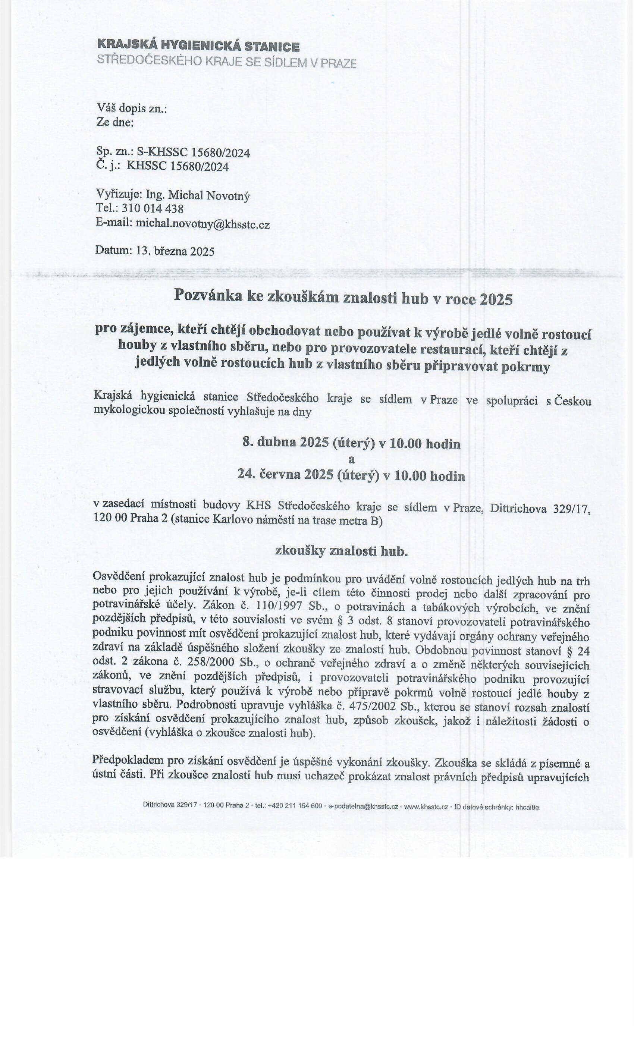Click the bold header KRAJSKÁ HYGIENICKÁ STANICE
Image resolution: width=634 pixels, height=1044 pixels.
198,46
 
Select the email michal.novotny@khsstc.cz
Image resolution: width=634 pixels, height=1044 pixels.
202,224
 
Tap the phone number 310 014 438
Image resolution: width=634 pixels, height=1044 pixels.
152,209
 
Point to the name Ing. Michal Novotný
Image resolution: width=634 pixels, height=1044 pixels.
198,195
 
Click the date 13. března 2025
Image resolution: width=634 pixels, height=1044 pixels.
175,251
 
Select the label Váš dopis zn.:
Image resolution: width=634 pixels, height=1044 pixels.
132,109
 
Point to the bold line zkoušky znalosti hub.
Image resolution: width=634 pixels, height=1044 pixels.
342,551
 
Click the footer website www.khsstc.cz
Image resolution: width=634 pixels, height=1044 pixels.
426,807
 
